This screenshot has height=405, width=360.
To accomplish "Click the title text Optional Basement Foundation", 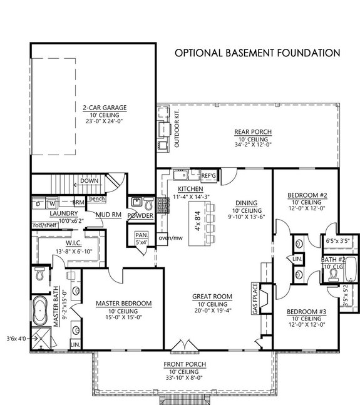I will point(257,53).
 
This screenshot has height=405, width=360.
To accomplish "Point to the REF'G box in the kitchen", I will point(208,175).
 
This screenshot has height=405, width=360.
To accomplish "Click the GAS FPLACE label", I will point(254,299).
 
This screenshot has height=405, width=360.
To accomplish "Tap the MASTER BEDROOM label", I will point(124,304).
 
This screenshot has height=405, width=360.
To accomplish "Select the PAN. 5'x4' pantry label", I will point(141,238).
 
